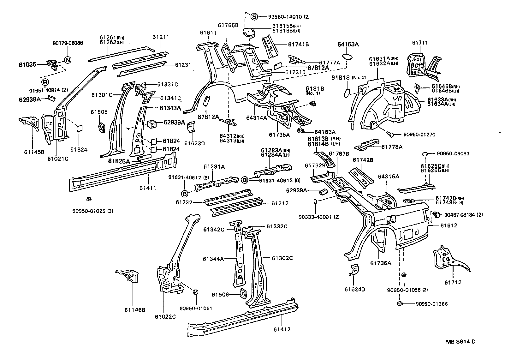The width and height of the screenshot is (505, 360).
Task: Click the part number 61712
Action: click(453, 282)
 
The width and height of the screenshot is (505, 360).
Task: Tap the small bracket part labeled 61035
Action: click(51, 64)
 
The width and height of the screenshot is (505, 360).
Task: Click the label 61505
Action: click(99, 112)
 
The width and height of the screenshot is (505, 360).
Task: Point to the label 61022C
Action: click(165, 317)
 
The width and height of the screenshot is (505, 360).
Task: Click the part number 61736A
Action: click(381, 263)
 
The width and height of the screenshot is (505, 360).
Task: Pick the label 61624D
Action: click(355, 289)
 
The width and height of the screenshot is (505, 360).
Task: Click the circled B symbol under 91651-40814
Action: click(45, 82)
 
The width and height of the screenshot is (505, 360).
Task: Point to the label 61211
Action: click(161, 37)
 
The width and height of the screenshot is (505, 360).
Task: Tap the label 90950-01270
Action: click(419, 135)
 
